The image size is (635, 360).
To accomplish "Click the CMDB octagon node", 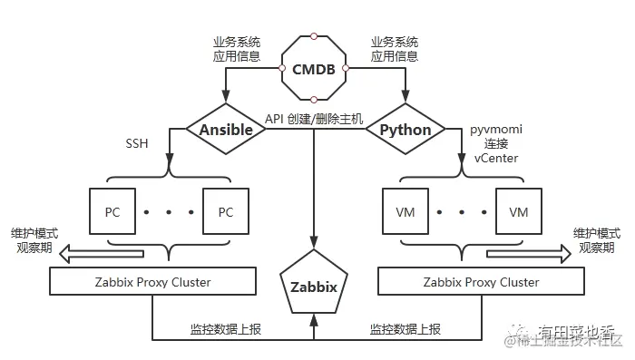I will click(x=313, y=69).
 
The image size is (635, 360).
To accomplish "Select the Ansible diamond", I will click(x=225, y=130).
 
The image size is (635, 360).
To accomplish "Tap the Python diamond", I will click(x=405, y=130).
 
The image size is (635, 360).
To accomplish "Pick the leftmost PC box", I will click(x=112, y=212).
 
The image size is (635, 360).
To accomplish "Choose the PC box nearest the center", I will click(x=226, y=212).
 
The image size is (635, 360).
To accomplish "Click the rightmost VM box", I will click(x=518, y=212).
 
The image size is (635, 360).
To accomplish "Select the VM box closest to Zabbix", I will click(x=405, y=212).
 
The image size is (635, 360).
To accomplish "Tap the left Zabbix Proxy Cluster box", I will click(x=153, y=282).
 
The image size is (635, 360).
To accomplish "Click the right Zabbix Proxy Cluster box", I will click(x=482, y=282).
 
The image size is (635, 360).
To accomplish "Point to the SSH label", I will click(x=138, y=144).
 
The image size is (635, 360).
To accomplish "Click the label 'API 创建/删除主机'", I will click(x=314, y=120).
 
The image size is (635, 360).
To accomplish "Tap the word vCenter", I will click(x=496, y=158).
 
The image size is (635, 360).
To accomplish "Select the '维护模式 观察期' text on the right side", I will click(x=596, y=240).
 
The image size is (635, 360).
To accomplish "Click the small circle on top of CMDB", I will click(x=313, y=36).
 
